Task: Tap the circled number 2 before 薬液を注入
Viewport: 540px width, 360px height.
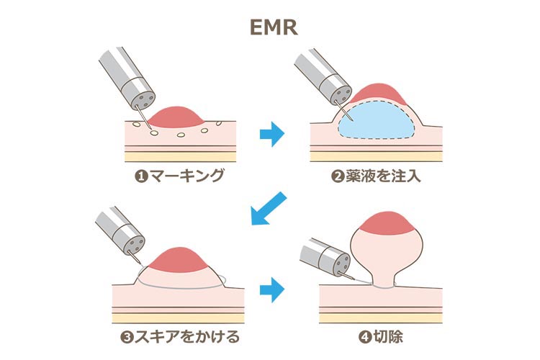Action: tap(336, 176)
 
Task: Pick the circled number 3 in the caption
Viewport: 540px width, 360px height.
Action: tap(127, 336)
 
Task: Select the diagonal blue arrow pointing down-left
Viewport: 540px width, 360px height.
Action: tap(267, 210)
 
